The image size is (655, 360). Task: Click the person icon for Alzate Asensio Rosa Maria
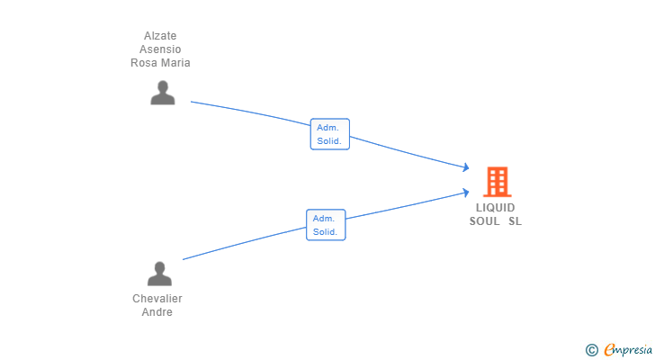point(162,93)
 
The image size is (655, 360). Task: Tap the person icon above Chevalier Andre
point(159,274)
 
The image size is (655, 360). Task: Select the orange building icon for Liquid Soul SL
point(497,182)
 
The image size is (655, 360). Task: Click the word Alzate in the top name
point(160,36)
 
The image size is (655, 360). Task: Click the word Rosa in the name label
point(145,63)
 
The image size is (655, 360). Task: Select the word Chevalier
point(157,299)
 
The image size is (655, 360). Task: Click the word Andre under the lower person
point(157,312)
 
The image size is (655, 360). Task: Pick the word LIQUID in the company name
point(496,208)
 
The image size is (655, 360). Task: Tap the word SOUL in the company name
point(484,221)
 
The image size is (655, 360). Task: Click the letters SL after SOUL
point(515,221)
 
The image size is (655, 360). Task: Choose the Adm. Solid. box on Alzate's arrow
point(329,134)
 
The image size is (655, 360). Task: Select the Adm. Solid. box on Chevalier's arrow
point(326,225)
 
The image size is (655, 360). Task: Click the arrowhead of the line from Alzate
point(466,167)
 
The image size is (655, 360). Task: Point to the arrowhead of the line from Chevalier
point(465,191)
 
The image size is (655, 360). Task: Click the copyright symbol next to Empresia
point(591,350)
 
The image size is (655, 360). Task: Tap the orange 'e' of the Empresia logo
point(609,350)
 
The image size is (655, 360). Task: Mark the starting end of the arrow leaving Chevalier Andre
point(184,260)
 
